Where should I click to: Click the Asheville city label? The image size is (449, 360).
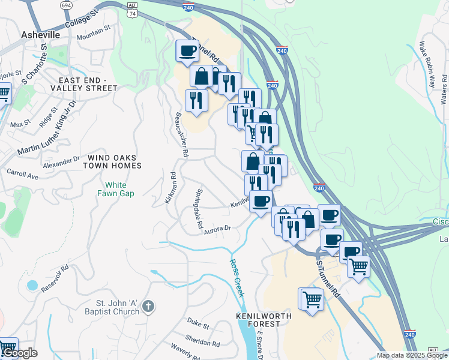pyautogui.click(x=40, y=35)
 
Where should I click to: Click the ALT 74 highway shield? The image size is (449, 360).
pyautogui.click(x=133, y=8)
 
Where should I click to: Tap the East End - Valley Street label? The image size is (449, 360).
pyautogui.click(x=88, y=84)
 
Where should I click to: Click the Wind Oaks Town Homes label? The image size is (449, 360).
pyautogui.click(x=113, y=161)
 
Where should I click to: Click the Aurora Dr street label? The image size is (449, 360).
pyautogui.click(x=217, y=229)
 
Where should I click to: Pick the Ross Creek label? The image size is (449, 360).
pyautogui.click(x=237, y=278)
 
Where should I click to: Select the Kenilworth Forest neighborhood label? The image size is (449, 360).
pyautogui.click(x=264, y=320)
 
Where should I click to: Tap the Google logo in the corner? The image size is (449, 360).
pyautogui.click(x=19, y=353)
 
